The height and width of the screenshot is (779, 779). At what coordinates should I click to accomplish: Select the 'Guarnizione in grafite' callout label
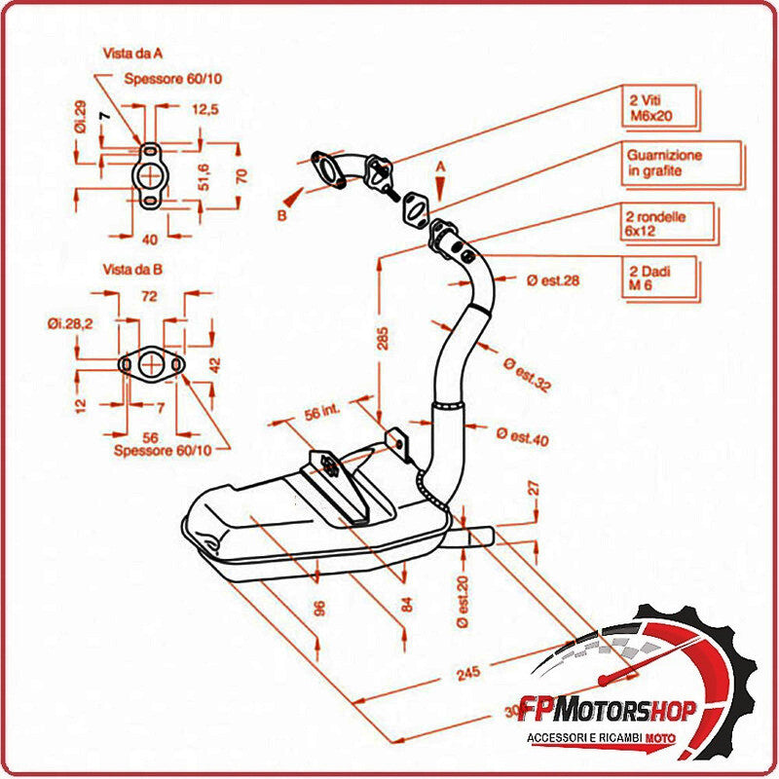pos(665,163)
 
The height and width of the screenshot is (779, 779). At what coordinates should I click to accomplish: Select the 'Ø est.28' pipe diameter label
pos(552,280)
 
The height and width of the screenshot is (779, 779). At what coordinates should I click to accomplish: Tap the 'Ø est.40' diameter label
pos(522,436)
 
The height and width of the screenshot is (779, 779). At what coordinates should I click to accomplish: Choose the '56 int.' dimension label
pos(325,413)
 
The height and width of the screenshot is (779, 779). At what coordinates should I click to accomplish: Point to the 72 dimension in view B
pos(150,293)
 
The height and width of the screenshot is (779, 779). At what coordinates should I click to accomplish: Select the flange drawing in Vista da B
pos(151,364)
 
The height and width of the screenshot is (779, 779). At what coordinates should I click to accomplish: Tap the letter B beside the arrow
pos(281,216)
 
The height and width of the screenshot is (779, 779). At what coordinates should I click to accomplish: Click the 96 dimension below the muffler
pos(318,609)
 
